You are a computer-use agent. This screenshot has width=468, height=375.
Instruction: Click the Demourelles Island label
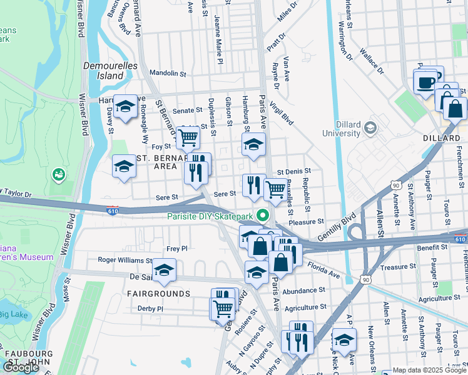[x=103, y=70]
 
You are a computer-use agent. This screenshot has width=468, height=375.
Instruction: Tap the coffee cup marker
[x=425, y=82]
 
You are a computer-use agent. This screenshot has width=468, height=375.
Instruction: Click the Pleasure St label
[x=306, y=221]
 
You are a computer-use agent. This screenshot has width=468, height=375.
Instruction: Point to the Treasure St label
[x=394, y=267]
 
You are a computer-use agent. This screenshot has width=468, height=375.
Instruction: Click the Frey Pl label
[x=177, y=248]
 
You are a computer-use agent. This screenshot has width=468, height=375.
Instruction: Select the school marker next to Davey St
[x=125, y=107]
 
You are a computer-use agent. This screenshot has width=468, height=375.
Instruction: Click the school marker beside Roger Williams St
[x=165, y=269]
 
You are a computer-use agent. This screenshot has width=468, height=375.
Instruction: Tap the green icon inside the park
[x=61, y=173]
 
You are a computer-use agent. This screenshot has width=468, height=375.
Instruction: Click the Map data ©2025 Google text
[x=425, y=370]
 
